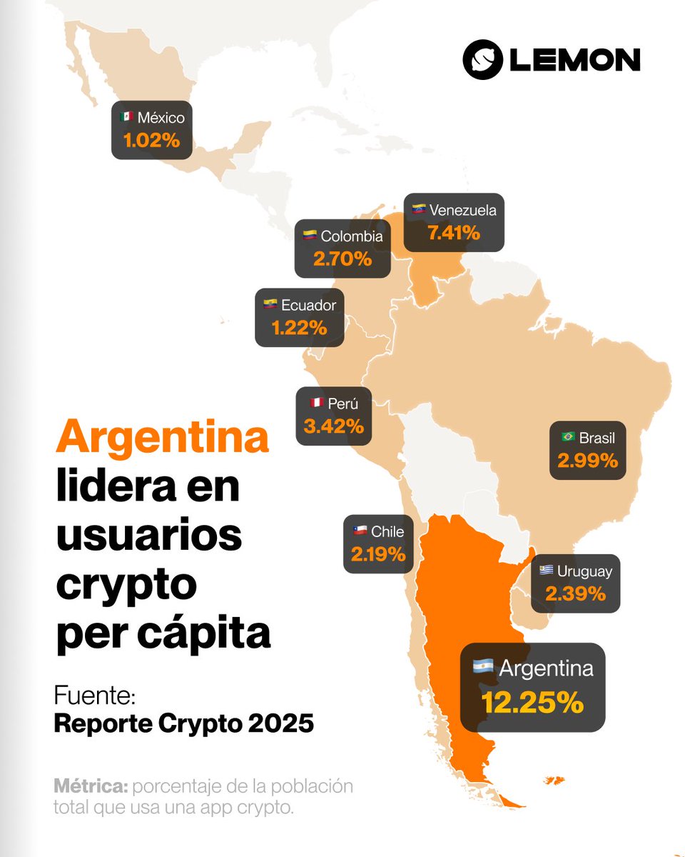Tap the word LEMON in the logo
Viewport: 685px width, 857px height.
(574, 60)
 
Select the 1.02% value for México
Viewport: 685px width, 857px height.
(151, 140)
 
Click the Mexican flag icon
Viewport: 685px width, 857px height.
(127, 116)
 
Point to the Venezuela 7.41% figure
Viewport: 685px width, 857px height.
(453, 232)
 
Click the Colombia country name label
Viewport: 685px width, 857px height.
(351, 236)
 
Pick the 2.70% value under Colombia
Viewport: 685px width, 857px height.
(342, 259)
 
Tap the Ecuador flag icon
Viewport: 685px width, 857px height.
(270, 305)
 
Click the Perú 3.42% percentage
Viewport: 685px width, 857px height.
(333, 426)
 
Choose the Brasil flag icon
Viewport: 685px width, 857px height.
(568, 437)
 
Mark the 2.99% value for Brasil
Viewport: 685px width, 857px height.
(587, 461)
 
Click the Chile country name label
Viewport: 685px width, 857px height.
(387, 531)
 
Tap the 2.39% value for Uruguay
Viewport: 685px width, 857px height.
(575, 593)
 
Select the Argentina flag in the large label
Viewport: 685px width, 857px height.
(483, 668)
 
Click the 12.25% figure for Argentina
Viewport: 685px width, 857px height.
(532, 702)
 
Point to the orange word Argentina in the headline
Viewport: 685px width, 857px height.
(163, 438)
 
